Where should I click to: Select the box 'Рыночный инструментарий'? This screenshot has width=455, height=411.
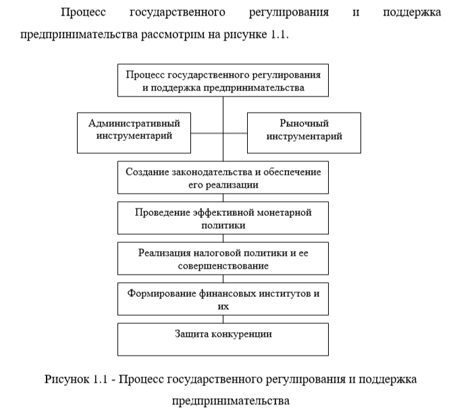(x=304, y=132)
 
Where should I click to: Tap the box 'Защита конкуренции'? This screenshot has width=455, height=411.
(x=223, y=340)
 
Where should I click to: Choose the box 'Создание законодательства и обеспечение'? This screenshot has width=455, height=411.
(x=223, y=177)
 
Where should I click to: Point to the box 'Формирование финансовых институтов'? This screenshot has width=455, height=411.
(x=223, y=299)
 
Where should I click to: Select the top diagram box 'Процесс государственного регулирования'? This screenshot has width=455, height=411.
(x=223, y=80)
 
